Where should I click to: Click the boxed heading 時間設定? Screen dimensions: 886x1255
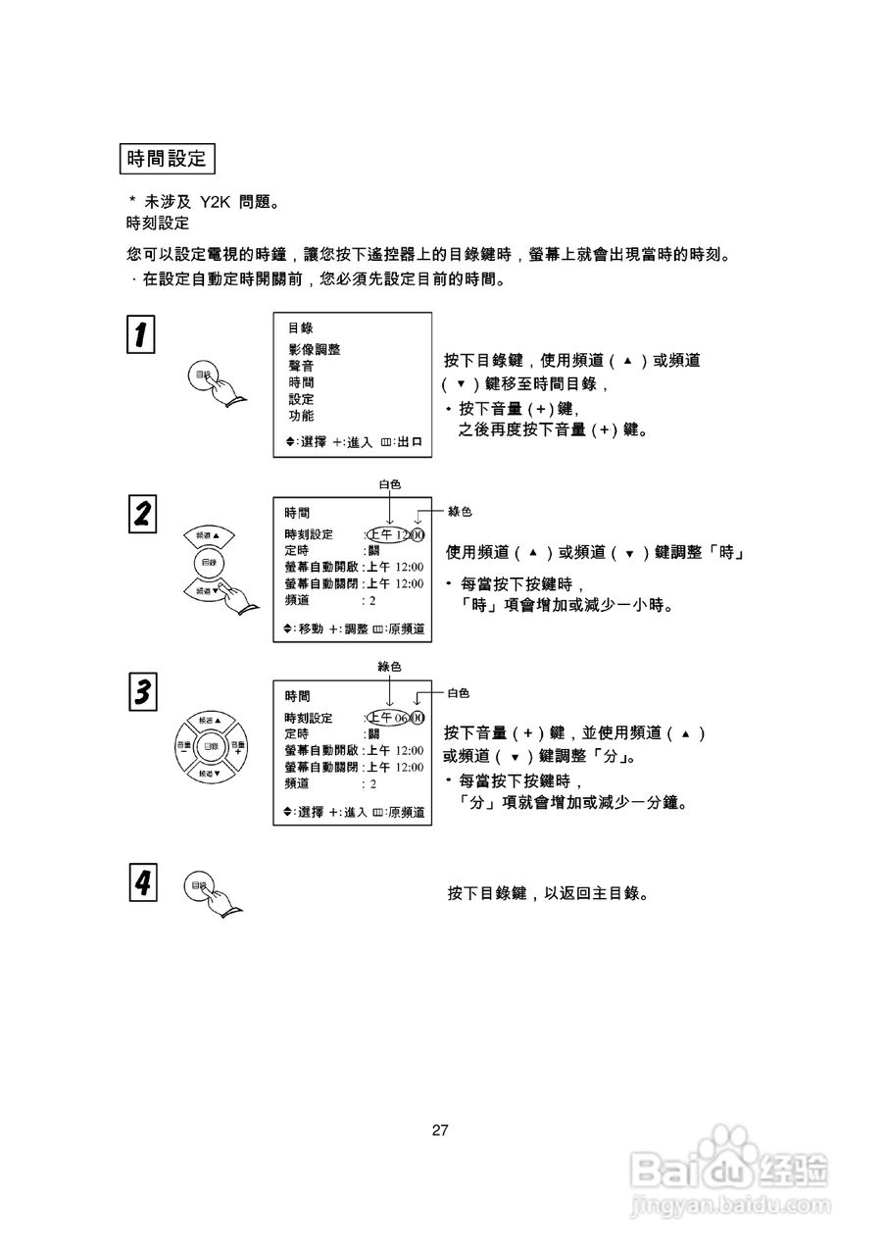click(x=167, y=158)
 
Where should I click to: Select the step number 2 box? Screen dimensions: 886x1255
click(x=142, y=515)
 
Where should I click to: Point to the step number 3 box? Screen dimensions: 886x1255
click(x=142, y=691)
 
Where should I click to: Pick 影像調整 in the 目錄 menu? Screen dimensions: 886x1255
click(x=315, y=349)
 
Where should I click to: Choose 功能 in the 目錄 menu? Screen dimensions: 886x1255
click(x=301, y=416)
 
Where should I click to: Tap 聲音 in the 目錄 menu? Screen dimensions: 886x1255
click(x=301, y=366)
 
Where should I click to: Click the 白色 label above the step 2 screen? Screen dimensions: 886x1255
click(x=389, y=484)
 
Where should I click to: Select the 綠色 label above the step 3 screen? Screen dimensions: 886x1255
click(x=389, y=667)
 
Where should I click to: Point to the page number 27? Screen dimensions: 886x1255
click(x=440, y=1129)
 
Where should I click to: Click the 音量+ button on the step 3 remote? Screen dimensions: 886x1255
click(x=237, y=747)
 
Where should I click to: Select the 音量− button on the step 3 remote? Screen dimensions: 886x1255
click(x=184, y=747)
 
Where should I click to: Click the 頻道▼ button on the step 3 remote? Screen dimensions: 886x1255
click(x=210, y=774)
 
